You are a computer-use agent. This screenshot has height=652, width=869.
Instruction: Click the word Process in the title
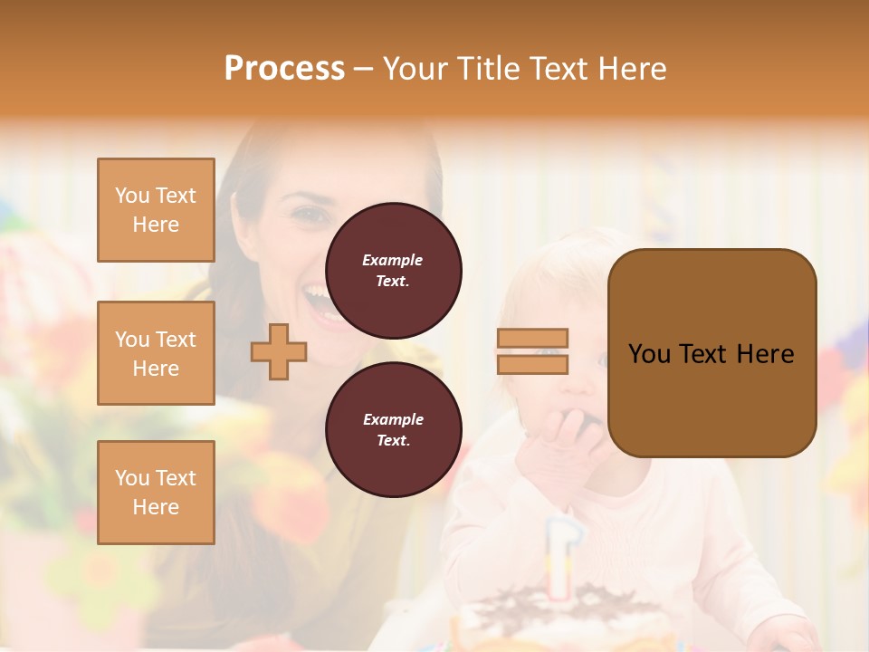coord(284,69)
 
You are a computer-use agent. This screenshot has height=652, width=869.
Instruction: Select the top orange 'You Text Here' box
coord(156,210)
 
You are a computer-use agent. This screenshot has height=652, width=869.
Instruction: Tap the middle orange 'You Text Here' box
coord(156,353)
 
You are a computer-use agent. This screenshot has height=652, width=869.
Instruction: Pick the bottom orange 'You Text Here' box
coord(156,493)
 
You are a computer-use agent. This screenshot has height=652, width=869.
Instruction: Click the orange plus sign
coord(279,351)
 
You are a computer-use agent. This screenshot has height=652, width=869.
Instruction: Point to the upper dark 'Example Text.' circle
coord(393,270)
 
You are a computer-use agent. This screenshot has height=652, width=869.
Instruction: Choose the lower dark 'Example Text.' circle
coord(393,429)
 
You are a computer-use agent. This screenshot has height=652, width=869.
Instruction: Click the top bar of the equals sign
coord(532,339)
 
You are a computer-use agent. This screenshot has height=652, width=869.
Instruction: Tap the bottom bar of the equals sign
coord(532,364)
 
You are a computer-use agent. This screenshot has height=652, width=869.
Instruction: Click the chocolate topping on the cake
coord(561,602)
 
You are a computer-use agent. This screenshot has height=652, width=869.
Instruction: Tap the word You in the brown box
coord(650,354)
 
